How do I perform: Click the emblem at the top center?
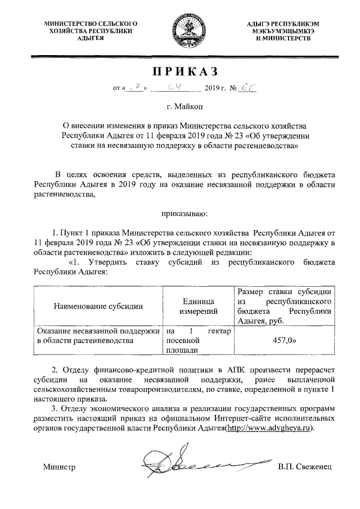(x=179, y=31)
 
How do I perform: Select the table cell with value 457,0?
(x=285, y=341)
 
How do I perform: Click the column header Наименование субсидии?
(x=98, y=306)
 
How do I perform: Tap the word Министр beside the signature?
(x=59, y=467)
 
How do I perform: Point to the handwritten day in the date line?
(x=137, y=88)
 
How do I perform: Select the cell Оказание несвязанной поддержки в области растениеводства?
(x=98, y=336)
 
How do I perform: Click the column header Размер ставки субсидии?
(x=285, y=306)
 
